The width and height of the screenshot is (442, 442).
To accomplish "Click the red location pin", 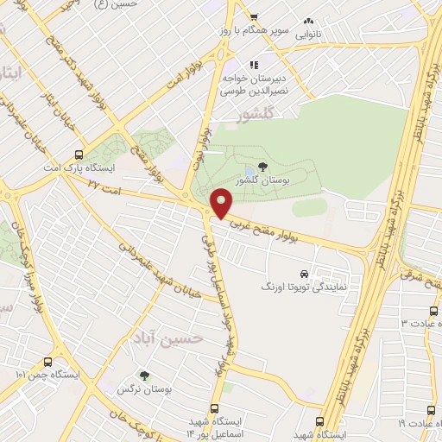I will point(221,203).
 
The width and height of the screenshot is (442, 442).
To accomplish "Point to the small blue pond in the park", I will point(249,169).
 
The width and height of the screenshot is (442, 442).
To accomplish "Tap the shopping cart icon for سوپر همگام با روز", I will point(254,16).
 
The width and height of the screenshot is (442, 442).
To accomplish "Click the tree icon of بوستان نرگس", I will point(144,376).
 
